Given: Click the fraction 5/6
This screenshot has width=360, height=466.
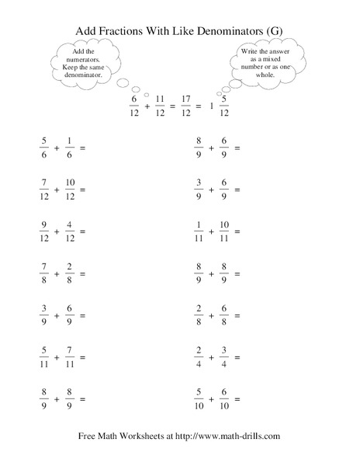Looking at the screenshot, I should (43, 147).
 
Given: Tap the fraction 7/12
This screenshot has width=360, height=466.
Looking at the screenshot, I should (43, 188).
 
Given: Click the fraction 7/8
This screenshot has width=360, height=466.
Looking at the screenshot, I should (43, 273).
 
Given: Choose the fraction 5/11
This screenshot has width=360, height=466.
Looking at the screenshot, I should (43, 356).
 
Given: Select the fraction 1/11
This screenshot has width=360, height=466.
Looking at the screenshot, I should (198, 230).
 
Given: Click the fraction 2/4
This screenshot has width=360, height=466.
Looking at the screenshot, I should (198, 356).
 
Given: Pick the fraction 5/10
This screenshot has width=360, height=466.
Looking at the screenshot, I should (198, 398).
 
